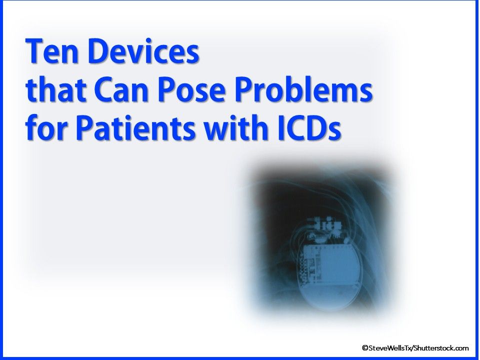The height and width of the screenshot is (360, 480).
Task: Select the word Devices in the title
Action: click(x=143, y=51)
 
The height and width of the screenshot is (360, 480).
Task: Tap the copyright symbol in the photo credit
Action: click(x=365, y=348)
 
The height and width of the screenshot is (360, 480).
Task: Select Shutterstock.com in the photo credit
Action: click(x=441, y=348)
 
